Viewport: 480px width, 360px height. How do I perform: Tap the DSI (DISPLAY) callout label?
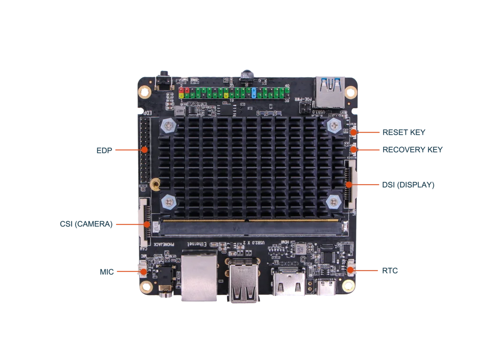point(408,186)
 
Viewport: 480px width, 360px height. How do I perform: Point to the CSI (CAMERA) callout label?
point(86,225)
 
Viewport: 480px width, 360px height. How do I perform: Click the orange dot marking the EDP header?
point(145,150)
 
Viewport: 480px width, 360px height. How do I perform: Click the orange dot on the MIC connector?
point(144,271)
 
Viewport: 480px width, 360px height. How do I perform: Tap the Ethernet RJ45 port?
point(199,277)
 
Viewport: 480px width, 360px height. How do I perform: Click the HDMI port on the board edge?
point(288,283)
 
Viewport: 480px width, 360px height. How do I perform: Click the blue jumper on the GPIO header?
point(254,92)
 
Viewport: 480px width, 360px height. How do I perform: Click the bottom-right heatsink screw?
point(333,202)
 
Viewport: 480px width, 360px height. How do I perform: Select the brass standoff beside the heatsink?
point(154,184)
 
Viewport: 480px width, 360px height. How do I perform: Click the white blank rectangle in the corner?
point(73,32)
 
